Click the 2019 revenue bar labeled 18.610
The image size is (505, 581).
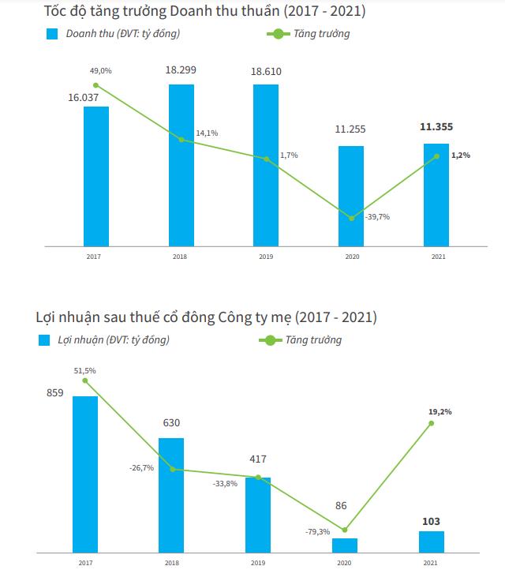[x=266, y=165]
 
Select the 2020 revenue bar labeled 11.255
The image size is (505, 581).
[x=351, y=196]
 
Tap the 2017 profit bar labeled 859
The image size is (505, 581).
[x=85, y=474]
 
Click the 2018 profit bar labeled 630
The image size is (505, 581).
[x=170, y=495]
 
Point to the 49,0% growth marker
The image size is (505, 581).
[x=95, y=85]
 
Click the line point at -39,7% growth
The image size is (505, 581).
[x=351, y=218]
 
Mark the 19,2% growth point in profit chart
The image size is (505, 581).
[x=431, y=423]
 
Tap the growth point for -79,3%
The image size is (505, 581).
[x=345, y=530]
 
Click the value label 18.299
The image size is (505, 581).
[x=181, y=69]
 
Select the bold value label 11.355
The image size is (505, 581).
[x=436, y=127]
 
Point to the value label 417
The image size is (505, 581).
[x=257, y=459]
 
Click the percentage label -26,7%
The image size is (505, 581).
[x=140, y=468]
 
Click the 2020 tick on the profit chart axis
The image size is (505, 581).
[x=344, y=563]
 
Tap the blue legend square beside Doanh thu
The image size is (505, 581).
[x=53, y=34]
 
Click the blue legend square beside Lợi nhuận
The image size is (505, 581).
[x=44, y=340]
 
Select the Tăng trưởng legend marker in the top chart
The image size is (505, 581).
[x=277, y=34]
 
